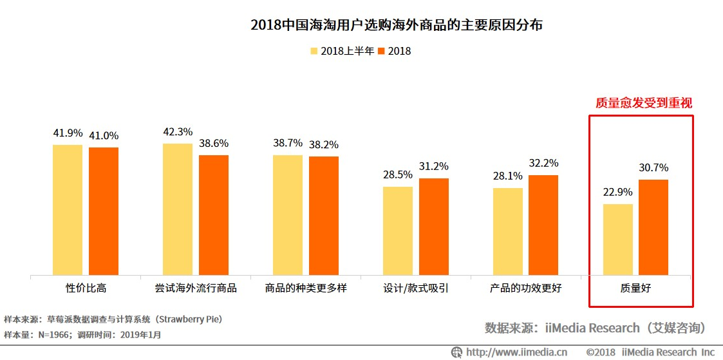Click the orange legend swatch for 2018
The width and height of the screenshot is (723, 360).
pos(381,51)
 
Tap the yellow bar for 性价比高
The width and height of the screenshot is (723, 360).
pos(68,210)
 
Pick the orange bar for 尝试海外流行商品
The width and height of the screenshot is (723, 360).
pos(214,215)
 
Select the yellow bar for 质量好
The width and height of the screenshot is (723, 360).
pos(617,240)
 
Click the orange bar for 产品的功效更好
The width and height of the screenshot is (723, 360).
pos(543,225)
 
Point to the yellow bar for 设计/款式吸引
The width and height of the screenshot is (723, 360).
pos(398,231)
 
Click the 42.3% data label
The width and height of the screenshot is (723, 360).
pos(178,132)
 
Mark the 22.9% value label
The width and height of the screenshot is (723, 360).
pos(617,192)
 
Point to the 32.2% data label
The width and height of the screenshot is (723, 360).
pos(543,163)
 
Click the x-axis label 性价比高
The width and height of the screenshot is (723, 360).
pos(86,288)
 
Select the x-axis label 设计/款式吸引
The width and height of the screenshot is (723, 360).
pos(416,288)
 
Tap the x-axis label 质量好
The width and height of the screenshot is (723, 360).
pos(635,288)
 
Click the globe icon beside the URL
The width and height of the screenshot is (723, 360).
pos(456,352)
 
